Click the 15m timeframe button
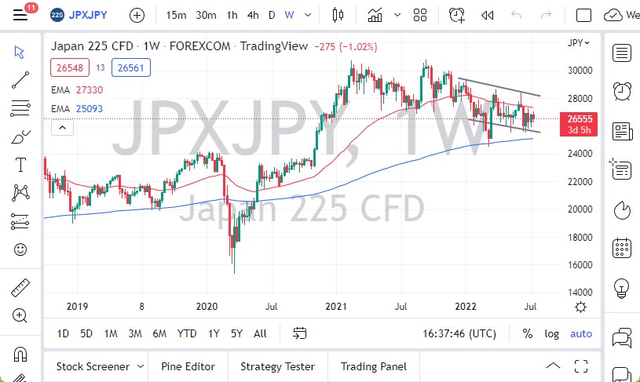177,15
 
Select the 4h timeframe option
252,15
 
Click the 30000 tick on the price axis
580,71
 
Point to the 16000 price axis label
580,265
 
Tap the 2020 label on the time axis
207,307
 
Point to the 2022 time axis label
467,307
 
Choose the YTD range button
187,333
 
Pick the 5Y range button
236,333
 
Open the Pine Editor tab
187,366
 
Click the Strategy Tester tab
277,366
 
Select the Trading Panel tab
373,366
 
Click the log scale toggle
552,333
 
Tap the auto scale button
581,333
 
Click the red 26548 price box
66,68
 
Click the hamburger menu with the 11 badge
21,15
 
